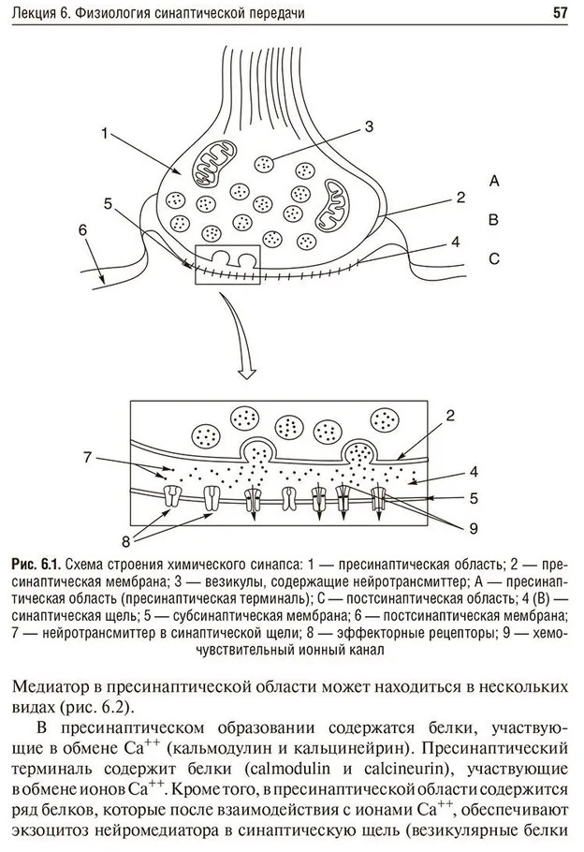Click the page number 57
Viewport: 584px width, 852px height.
pos(561,12)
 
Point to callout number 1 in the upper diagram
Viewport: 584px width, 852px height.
pos(104,133)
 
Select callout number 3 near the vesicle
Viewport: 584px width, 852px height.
pos(369,125)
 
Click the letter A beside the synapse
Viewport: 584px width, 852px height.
pos(494,181)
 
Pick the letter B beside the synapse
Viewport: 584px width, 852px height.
pos(494,220)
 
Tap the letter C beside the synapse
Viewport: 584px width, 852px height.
pos(494,259)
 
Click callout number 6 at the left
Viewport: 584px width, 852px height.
pos(82,229)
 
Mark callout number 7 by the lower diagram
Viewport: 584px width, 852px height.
pos(87,457)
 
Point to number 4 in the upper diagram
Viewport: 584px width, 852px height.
pos(455,241)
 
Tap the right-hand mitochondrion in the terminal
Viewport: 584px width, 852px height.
pos(331,206)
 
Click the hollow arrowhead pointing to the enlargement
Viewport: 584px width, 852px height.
pos(248,373)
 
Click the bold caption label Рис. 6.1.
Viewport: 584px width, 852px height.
pos(36,564)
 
